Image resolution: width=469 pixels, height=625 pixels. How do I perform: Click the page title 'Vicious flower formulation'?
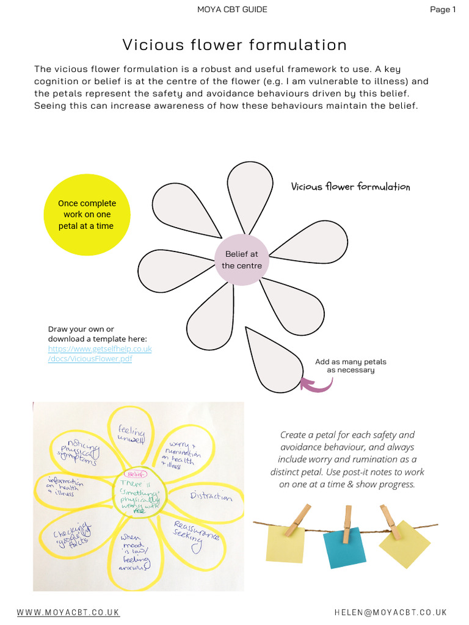point(234,45)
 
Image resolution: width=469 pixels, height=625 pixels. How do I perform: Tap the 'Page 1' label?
point(443,9)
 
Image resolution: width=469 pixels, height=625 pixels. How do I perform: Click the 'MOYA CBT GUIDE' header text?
point(232,9)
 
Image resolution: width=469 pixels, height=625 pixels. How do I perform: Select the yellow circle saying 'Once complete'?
point(87,214)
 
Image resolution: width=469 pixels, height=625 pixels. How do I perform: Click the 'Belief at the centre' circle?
point(242,260)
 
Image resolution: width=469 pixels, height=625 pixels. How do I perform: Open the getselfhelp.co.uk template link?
point(100,353)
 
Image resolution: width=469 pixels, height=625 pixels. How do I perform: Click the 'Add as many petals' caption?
point(351,366)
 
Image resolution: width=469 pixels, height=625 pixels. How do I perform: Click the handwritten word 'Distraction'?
point(211,496)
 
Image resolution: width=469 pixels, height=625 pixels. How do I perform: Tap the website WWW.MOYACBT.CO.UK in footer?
point(68,612)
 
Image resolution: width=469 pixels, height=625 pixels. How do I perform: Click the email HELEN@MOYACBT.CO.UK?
point(391,612)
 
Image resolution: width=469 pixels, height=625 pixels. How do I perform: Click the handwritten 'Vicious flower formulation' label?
point(351,187)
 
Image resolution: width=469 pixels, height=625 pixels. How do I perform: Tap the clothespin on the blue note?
point(347,524)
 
